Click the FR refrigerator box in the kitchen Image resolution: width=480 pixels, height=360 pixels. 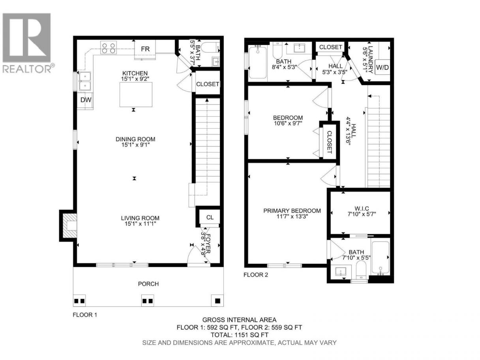(x=145, y=49)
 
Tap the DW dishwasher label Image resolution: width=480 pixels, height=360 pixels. (x=86, y=100)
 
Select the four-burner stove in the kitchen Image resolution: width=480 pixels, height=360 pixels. (x=109, y=48)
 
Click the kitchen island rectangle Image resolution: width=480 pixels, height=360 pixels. (x=136, y=94)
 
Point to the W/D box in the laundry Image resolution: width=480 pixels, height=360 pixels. (x=382, y=67)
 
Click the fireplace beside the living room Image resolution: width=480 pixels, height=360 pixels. (x=68, y=225)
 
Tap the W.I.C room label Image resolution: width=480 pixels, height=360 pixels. (x=362, y=208)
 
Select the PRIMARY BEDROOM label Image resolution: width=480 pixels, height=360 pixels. (x=292, y=211)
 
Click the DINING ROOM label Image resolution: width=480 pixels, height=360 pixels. (x=135, y=139)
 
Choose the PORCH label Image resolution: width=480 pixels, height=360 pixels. (x=148, y=284)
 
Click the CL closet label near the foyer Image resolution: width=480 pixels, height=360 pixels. (x=210, y=217)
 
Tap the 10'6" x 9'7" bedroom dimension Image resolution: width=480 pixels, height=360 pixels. (x=288, y=124)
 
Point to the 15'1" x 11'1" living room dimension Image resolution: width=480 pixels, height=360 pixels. (x=140, y=223)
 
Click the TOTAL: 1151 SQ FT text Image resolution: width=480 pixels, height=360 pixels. (x=240, y=335)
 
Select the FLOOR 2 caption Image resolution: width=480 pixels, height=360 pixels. (x=256, y=275)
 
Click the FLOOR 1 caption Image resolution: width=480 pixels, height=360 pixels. (x=84, y=315)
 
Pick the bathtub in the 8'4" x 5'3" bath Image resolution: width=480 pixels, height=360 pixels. (x=258, y=62)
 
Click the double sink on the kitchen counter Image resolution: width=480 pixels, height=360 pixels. (x=85, y=81)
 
